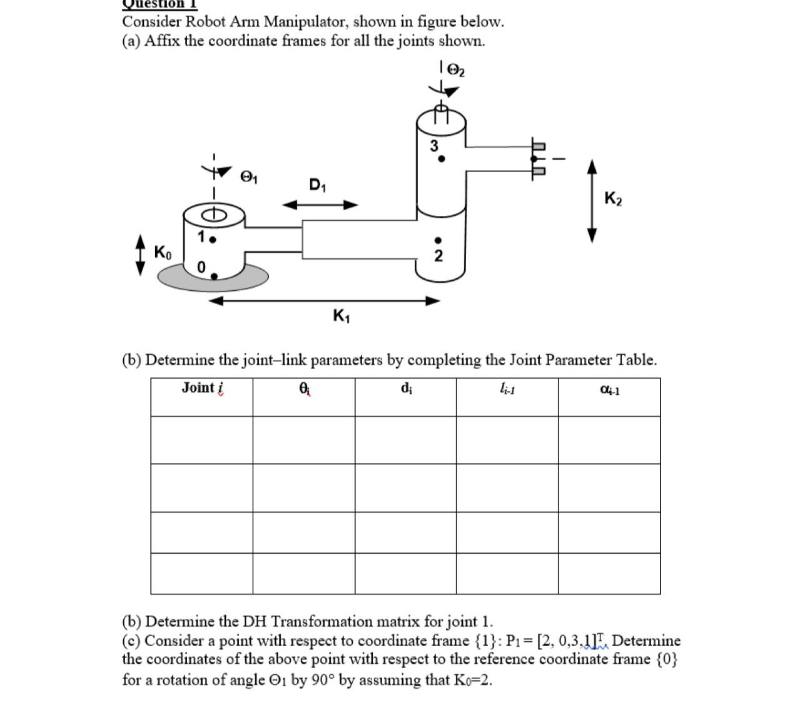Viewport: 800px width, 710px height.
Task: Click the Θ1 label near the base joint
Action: pyautogui.click(x=249, y=178)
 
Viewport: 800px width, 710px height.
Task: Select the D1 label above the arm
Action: pyautogui.click(x=318, y=185)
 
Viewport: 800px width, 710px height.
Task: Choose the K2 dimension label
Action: pyautogui.click(x=613, y=199)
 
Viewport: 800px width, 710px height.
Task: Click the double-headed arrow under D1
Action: pyautogui.click(x=320, y=205)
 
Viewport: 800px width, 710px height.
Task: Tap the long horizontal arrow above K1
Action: pyautogui.click(x=325, y=301)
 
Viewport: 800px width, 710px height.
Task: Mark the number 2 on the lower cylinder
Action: pyautogui.click(x=438, y=255)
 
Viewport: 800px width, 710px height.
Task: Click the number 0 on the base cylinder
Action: pyautogui.click(x=201, y=267)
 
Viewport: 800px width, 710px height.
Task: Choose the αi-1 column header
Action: pyautogui.click(x=609, y=390)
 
